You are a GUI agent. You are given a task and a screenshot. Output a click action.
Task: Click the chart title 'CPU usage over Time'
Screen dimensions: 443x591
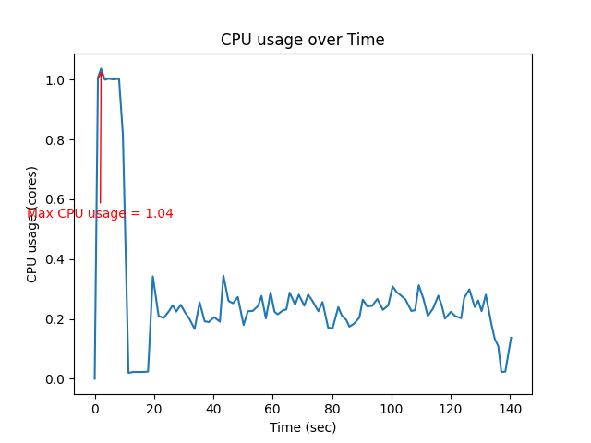pyautogui.click(x=302, y=40)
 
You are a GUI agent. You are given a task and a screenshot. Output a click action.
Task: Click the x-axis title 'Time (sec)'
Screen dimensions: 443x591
pyautogui.click(x=302, y=427)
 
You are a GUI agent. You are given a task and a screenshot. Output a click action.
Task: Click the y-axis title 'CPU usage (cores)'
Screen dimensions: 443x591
pyautogui.click(x=32, y=224)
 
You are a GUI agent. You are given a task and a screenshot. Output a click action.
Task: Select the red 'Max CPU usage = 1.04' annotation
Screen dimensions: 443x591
pyautogui.click(x=100, y=214)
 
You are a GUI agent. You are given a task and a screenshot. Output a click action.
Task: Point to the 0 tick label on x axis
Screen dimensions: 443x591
pyautogui.click(x=94, y=407)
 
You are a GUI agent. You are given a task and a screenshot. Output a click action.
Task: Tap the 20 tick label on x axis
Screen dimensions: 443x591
pyautogui.click(x=153, y=407)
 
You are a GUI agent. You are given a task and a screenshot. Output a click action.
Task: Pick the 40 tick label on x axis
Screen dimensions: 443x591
pyautogui.click(x=213, y=407)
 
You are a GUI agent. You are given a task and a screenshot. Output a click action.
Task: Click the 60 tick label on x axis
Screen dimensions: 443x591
pyautogui.click(x=272, y=407)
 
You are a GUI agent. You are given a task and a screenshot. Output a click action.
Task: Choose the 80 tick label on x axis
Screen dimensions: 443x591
pyautogui.click(x=332, y=407)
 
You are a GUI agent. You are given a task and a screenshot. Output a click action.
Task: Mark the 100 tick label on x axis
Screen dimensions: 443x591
pyautogui.click(x=392, y=407)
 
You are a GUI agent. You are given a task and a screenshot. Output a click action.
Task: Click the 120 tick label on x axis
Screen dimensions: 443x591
pyautogui.click(x=451, y=407)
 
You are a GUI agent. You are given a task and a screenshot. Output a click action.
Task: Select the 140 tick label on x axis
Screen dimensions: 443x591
pyautogui.click(x=511, y=407)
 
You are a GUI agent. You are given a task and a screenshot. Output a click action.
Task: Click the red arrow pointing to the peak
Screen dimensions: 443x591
pyautogui.click(x=100, y=138)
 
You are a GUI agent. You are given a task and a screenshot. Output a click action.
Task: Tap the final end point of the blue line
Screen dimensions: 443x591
pyautogui.click(x=511, y=338)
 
